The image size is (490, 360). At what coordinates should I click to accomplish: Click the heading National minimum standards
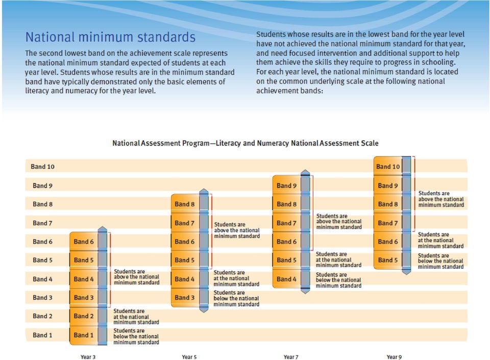110,37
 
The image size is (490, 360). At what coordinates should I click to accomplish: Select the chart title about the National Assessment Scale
246,143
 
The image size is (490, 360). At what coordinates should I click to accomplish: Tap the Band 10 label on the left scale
42,167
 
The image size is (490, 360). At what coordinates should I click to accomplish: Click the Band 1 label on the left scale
42,335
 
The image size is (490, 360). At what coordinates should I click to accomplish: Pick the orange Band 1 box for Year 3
83,336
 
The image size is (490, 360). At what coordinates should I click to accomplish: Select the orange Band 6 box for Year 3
83,241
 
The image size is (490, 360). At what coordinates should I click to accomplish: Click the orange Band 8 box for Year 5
185,204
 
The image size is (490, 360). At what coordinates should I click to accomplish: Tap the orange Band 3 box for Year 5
185,298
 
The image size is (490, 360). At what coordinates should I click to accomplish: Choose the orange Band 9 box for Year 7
286,185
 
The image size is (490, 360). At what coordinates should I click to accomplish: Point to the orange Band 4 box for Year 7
286,279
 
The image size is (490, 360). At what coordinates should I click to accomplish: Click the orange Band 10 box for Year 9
388,166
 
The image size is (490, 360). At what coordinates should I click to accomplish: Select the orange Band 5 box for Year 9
388,260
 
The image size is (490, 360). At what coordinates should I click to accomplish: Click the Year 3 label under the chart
88,357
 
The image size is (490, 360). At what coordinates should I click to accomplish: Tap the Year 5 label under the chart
189,357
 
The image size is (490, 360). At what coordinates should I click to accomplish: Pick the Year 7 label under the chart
290,357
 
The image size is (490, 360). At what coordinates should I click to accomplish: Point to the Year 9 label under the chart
394,357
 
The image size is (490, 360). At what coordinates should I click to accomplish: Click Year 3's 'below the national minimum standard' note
136,336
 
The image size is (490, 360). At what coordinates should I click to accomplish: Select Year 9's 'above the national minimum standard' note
441,199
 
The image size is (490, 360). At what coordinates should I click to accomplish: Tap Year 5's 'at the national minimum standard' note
236,278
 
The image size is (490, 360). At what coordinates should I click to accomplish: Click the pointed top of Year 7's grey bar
305,170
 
